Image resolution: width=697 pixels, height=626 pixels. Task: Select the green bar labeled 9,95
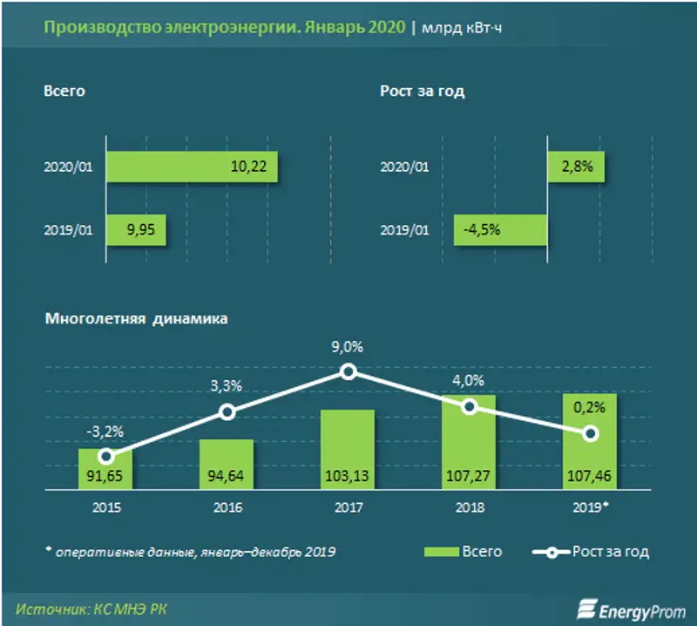point(136,231)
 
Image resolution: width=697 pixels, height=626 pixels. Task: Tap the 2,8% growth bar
point(575,167)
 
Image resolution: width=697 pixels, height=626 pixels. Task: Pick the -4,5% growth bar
point(501,231)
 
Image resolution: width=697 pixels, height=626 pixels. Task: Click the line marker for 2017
point(348,371)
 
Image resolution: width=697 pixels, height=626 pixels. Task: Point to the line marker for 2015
point(105,456)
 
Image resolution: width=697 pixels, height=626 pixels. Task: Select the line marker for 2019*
point(591,433)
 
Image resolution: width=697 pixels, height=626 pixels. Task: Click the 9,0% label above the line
point(348,347)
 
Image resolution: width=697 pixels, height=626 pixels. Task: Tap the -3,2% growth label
point(105,430)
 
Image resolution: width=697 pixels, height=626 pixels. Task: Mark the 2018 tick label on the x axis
point(470,507)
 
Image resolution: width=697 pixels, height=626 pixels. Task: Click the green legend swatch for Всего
point(447,551)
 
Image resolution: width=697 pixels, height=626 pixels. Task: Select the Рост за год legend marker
point(551,551)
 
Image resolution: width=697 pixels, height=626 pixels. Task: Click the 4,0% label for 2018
point(470,381)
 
